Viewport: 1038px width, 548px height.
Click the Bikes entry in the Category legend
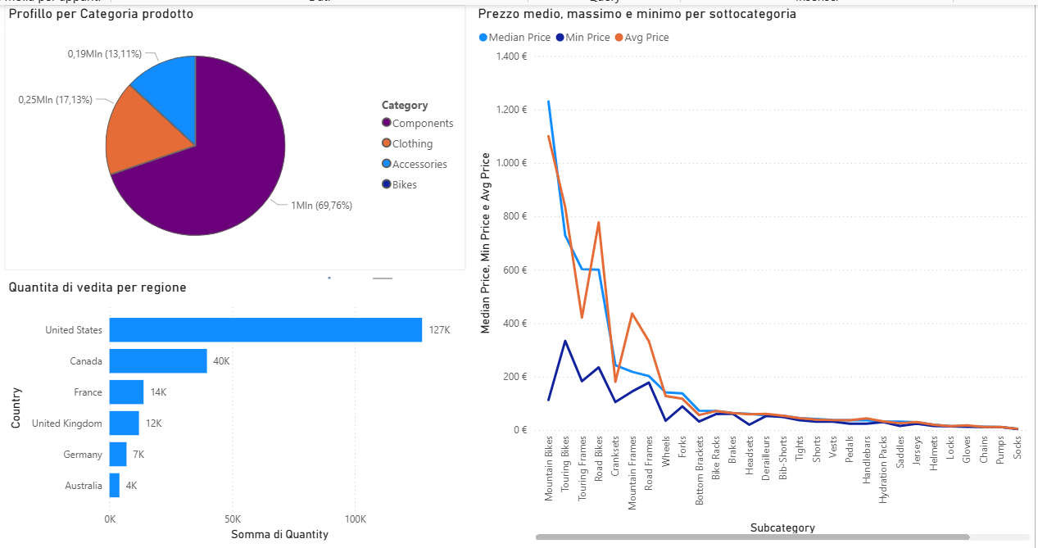coord(404,185)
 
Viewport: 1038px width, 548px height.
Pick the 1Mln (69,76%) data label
coord(321,206)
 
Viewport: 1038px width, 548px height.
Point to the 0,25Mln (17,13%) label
coord(56,99)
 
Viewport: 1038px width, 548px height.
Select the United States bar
coord(265,330)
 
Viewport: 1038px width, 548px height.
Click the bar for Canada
coord(158,361)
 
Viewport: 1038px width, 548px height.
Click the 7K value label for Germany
coord(139,455)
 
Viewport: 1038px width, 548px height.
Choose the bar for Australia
coord(115,485)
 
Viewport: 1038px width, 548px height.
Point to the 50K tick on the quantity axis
coord(232,519)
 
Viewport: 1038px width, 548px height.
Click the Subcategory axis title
coord(782,528)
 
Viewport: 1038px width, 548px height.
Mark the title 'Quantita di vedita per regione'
coord(97,288)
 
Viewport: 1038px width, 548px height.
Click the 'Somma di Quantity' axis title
coord(280,534)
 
